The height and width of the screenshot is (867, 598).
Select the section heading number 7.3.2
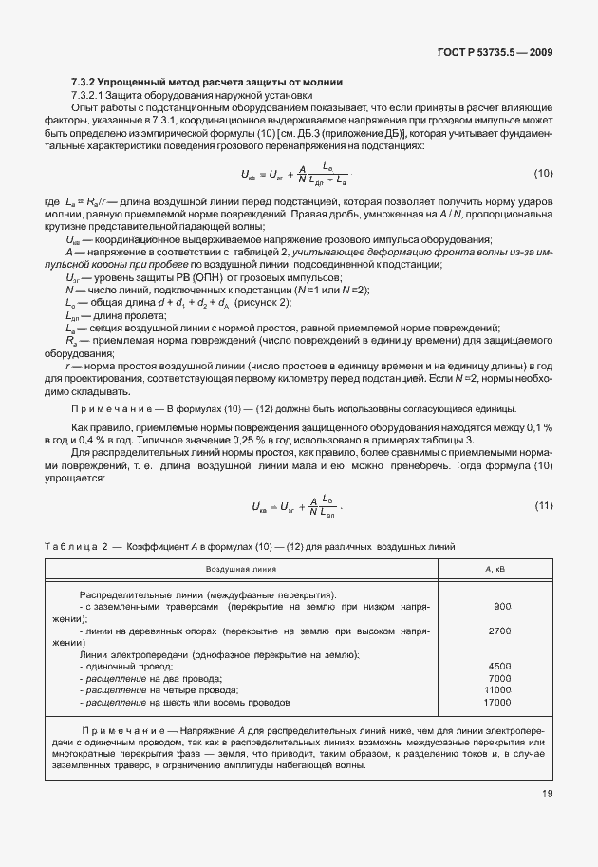pos(85,83)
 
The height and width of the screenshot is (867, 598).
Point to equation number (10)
pos(543,172)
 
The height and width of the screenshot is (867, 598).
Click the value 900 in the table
pos(502,606)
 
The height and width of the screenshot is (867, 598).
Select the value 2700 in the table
pos(499,631)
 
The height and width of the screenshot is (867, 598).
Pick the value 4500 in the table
pos(499,667)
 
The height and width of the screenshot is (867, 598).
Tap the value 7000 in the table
pos(499,679)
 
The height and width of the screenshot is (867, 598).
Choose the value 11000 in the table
pos(497,690)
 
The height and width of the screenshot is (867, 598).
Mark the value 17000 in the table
pos(497,703)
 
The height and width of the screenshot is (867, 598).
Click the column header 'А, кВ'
pos(496,568)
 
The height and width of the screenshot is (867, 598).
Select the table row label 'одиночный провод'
pos(123,667)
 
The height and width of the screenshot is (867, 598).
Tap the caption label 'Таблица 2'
pos(79,546)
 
